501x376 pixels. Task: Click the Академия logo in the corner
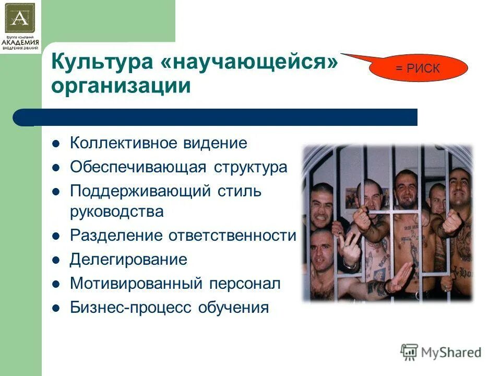pos(20,26)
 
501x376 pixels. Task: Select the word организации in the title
pos(121,85)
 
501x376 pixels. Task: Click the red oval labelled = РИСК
pos(419,68)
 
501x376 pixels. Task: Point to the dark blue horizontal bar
pos(215,118)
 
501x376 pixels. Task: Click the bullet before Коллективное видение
pos(57,143)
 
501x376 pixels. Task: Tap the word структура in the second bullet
pos(250,167)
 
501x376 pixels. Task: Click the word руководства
pos(117,211)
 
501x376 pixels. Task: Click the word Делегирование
pos(128,260)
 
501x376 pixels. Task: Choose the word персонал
pos(245,284)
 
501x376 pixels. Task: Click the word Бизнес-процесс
pos(131,308)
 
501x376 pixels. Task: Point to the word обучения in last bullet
pos(233,308)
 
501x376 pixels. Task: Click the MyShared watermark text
pos(451,352)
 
